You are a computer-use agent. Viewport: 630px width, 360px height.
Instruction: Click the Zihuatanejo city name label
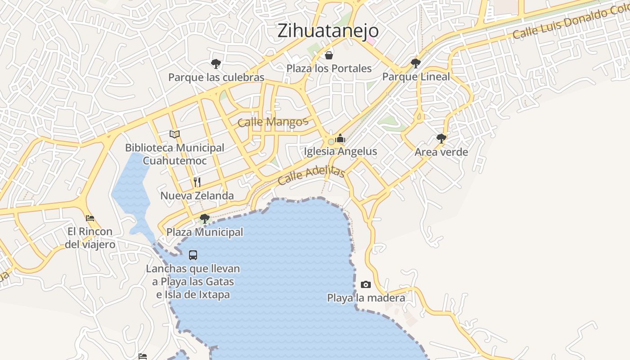pos(328,31)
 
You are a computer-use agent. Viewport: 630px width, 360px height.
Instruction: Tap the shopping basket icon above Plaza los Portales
pos(329,55)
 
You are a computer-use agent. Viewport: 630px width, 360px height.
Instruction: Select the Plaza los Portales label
pos(329,68)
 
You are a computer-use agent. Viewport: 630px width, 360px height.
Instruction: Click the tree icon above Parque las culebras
pos(216,64)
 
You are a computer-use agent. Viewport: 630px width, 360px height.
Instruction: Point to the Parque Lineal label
pos(416,76)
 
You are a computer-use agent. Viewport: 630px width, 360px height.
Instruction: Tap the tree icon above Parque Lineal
pos(416,63)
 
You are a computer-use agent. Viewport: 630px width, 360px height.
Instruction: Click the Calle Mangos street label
pos(273,121)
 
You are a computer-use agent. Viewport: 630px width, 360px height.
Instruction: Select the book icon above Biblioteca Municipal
pos(175,134)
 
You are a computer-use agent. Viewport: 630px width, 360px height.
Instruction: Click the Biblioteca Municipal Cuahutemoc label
pos(175,154)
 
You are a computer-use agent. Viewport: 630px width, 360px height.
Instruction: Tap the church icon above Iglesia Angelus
pos(340,138)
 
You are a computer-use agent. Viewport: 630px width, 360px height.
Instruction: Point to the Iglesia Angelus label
pos(340,151)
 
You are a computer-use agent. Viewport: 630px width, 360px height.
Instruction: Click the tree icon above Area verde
pos(441,139)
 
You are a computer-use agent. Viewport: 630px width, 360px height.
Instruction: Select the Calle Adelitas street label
pos(311,175)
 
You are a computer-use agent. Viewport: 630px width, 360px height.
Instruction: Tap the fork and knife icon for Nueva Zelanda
pos(197,182)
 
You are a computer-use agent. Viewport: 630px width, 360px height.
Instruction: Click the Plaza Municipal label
pos(205,232)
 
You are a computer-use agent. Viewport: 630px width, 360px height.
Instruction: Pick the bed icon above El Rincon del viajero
pos(90,218)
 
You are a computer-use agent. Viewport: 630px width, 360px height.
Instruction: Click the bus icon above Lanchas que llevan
pos(193,255)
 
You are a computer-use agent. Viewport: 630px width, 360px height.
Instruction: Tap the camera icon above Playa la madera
pos(366,284)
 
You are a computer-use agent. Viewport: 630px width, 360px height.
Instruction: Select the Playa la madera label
pos(366,298)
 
